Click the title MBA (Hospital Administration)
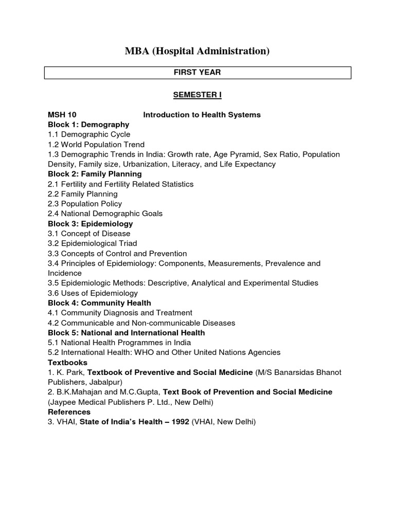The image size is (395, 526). [x=197, y=51]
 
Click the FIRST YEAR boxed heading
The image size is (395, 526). [x=197, y=72]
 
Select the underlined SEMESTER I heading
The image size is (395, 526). [x=197, y=95]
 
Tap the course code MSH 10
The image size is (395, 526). [x=62, y=115]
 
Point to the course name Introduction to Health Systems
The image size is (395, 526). [x=202, y=115]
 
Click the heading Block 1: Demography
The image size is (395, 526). [x=88, y=124]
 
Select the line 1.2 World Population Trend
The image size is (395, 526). [x=96, y=144]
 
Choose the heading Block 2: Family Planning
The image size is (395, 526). [x=95, y=174]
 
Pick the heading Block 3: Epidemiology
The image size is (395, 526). [x=91, y=223]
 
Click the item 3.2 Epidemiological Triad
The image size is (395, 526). [x=93, y=243]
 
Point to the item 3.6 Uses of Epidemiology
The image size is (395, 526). [x=93, y=293]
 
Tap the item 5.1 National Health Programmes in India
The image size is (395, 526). [x=119, y=343]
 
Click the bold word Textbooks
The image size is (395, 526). [x=67, y=362]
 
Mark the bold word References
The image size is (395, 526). [x=69, y=412]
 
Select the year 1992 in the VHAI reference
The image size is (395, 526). [x=178, y=422]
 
